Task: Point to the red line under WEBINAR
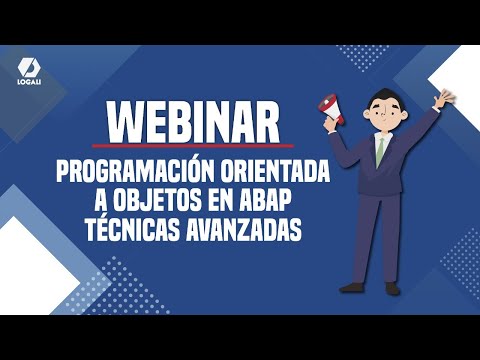[193, 145]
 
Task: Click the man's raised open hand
[444, 95]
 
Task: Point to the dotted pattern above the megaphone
[354, 56]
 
